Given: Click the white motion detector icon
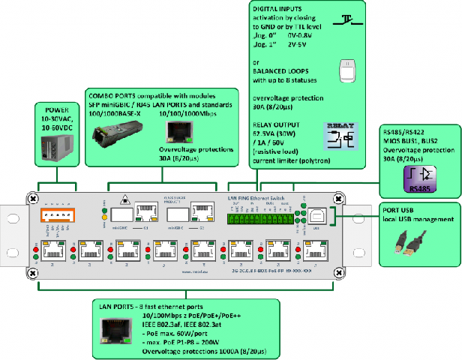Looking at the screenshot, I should (x=346, y=71).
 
